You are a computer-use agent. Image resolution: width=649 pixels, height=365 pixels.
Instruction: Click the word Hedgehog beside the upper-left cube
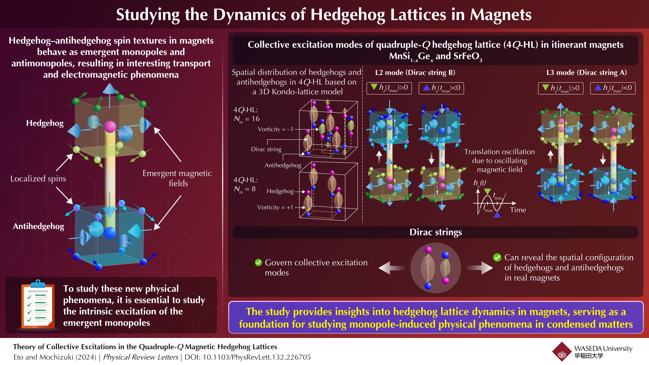tap(45, 123)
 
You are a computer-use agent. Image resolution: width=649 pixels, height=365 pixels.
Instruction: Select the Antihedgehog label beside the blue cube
tap(39, 226)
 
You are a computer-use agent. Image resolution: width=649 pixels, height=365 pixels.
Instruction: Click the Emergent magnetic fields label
tap(177, 178)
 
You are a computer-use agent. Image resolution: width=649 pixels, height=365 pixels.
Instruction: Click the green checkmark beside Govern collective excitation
tap(258, 262)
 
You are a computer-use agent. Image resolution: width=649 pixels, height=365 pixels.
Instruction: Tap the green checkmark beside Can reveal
tap(497, 257)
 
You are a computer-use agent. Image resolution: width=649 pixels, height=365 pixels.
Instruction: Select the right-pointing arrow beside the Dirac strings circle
tap(479, 268)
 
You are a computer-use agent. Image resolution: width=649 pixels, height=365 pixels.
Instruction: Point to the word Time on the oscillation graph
tap(518, 210)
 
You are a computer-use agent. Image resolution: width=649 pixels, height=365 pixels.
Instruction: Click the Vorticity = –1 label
tap(275, 129)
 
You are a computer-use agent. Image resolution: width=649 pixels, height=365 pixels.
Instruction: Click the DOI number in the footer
tap(257, 357)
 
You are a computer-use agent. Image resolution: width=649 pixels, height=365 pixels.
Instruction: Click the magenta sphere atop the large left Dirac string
tap(110, 126)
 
